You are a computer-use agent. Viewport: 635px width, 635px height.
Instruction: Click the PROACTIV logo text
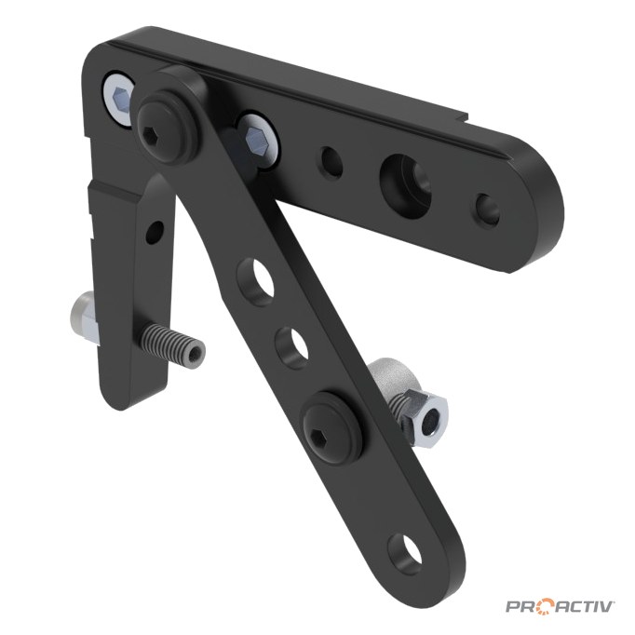(x=561, y=607)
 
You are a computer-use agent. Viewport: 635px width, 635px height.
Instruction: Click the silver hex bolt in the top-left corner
(x=119, y=100)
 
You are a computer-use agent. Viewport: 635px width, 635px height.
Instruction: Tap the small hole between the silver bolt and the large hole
(x=332, y=162)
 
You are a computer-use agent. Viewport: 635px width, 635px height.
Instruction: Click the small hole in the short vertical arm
(x=155, y=233)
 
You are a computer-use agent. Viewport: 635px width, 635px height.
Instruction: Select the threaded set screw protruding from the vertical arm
(x=172, y=345)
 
